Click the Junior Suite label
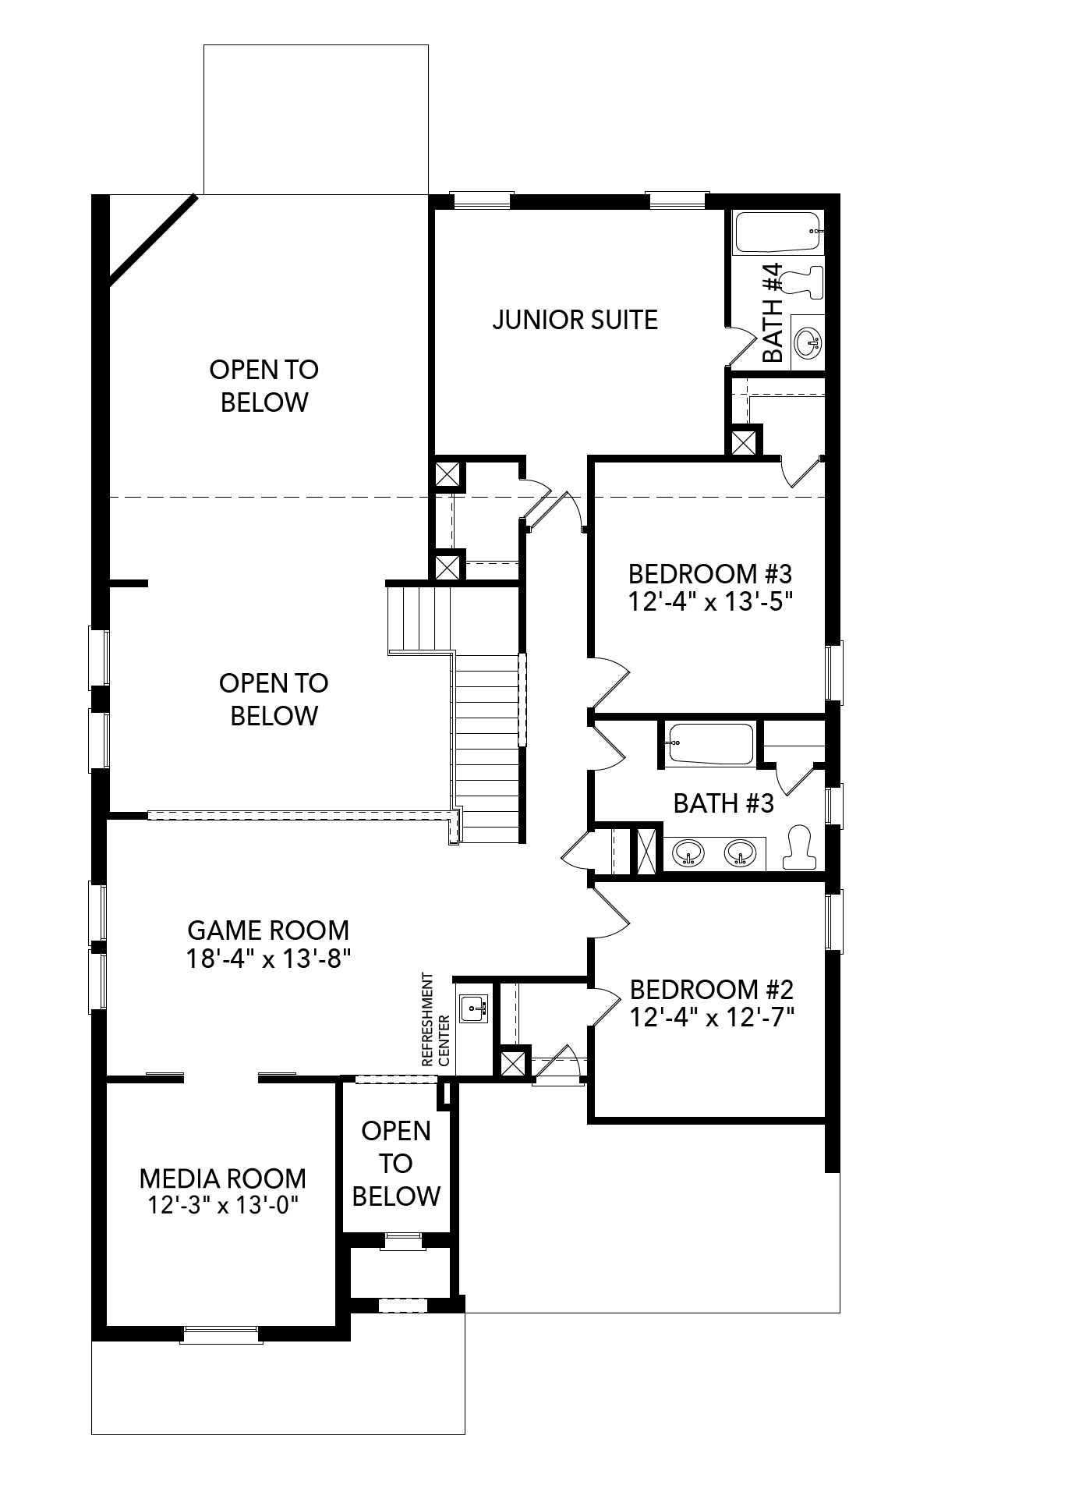point(575,320)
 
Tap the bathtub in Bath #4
point(777,232)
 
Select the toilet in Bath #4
point(803,282)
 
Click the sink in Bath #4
point(808,342)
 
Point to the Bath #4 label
point(772,313)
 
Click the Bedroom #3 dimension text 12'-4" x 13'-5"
point(709,602)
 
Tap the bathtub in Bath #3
point(710,744)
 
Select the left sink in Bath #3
point(688,853)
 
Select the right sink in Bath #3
point(739,853)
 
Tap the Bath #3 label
point(723,803)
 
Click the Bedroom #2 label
point(711,990)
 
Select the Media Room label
point(222,1178)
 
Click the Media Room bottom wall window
point(221,1334)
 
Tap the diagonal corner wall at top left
point(152,236)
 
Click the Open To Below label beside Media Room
point(396,1163)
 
